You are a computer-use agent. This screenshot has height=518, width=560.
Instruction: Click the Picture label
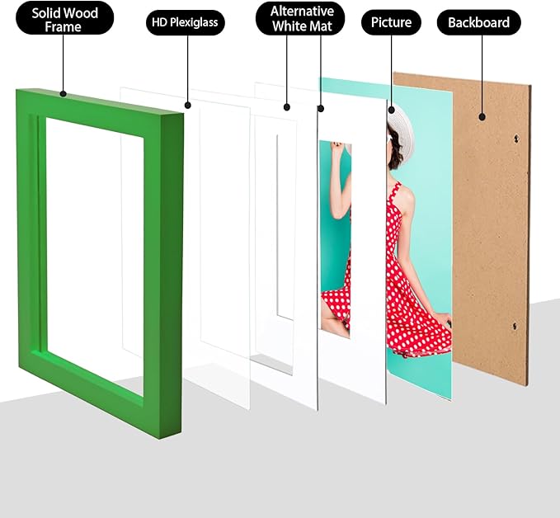[391, 22]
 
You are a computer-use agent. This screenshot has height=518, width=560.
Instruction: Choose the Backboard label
[478, 22]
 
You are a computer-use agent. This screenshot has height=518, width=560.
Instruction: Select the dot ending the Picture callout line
[391, 107]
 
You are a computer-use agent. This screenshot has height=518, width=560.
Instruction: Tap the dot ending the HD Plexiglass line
[188, 105]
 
